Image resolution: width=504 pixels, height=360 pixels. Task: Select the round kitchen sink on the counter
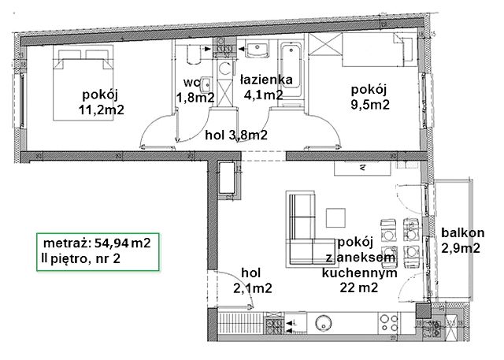tap(323, 323)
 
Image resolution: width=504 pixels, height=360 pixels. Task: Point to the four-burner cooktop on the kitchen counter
tap(389, 323)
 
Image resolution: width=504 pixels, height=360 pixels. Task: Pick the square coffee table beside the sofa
tap(336, 218)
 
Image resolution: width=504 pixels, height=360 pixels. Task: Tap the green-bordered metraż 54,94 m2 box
tap(98, 251)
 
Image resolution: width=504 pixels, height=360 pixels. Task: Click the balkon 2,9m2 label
tap(462, 240)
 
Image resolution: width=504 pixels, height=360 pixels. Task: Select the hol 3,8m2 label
tap(236, 135)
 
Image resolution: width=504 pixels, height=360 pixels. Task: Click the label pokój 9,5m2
tap(370, 97)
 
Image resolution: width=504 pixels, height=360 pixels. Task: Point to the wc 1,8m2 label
tap(195, 90)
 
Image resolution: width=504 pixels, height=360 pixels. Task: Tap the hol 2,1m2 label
tap(253, 280)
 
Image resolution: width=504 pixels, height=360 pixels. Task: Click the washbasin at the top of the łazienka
tap(258, 49)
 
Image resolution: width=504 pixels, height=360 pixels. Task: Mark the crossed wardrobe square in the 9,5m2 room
tap(325, 45)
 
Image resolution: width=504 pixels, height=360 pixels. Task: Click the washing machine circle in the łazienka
tap(224, 69)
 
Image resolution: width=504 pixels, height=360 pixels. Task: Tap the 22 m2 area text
tap(359, 288)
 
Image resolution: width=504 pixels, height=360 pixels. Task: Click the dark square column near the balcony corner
tap(423, 311)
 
